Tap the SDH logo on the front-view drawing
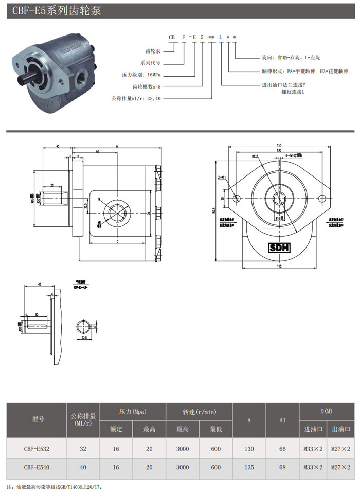point(280,247)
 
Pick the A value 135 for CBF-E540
point(249,467)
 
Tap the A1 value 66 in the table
point(282,449)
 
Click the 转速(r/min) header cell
point(199,411)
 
